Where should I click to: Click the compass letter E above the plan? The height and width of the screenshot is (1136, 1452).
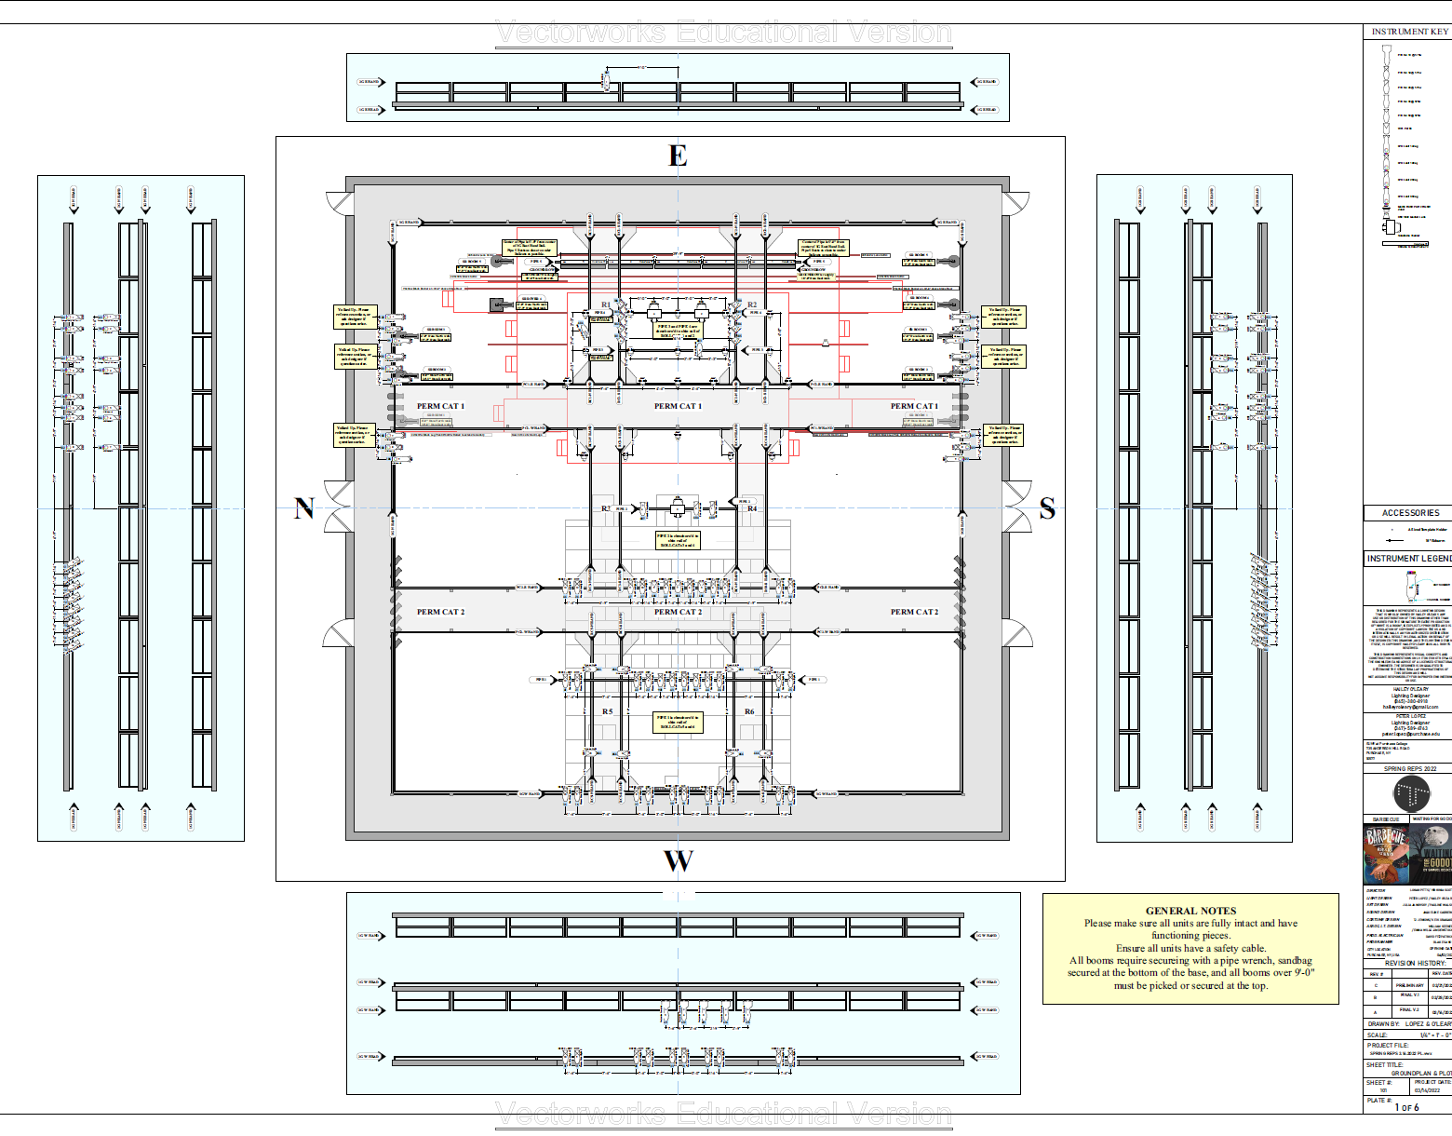coord(678,156)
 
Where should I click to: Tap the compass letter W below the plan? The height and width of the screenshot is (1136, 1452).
coord(678,861)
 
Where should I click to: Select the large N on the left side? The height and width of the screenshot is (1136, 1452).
coord(303,508)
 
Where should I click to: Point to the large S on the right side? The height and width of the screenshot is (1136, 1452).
coord(1047,508)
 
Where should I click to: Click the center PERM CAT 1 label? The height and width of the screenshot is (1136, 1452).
coord(678,406)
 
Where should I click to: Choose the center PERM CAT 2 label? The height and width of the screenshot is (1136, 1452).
coord(678,612)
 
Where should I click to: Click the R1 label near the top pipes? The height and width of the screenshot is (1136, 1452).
coord(606,304)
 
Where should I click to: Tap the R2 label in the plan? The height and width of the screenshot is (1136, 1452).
coord(752,304)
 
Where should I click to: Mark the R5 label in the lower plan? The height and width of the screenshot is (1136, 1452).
coord(607,711)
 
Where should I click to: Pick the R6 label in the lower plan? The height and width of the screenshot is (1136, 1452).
coord(749,711)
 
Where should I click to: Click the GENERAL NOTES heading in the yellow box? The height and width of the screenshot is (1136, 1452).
coord(1190,911)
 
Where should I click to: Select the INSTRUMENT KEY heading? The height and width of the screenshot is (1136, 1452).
coord(1409,32)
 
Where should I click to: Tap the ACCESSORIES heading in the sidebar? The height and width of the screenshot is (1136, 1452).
coord(1410,513)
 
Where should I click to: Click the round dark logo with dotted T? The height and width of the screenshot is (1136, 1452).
coord(1411,794)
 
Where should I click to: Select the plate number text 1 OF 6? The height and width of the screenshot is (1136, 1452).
coord(1406,1107)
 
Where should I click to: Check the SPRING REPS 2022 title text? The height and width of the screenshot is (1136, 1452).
coord(1409,769)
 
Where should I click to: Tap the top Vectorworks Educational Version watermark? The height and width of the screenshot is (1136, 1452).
coord(723,33)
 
